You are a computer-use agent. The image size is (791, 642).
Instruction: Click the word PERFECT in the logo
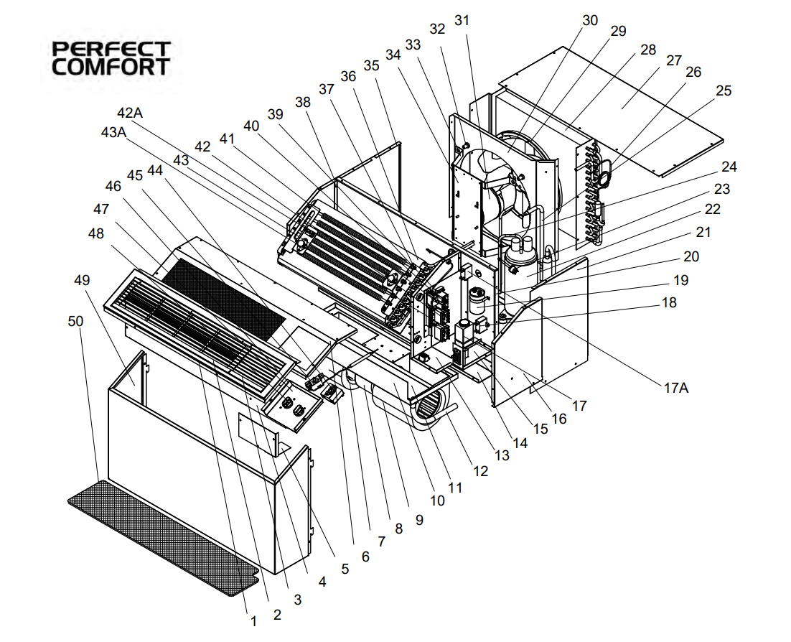pyautogui.click(x=111, y=49)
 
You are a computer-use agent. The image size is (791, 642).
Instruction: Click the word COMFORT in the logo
pyautogui.click(x=111, y=67)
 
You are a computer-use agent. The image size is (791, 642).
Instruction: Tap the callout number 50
pyautogui.click(x=75, y=321)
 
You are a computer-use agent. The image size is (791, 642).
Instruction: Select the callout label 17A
pyautogui.click(x=676, y=388)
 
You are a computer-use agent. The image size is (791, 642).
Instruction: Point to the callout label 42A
pyautogui.click(x=130, y=113)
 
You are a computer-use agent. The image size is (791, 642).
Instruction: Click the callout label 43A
pyautogui.click(x=113, y=132)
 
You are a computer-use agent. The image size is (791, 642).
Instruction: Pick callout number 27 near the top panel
pyautogui.click(x=674, y=60)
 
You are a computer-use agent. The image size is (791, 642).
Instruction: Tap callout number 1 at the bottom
pyautogui.click(x=254, y=621)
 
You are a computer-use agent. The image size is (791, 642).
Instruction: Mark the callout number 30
pyautogui.click(x=590, y=20)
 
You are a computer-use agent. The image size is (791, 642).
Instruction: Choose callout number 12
pyautogui.click(x=481, y=471)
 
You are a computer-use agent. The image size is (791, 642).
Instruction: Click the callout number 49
pyautogui.click(x=82, y=280)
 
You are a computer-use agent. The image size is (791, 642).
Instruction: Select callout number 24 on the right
pyautogui.click(x=729, y=167)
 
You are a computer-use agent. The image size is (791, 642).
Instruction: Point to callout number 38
pyautogui.click(x=303, y=103)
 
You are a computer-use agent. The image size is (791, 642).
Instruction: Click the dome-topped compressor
pyautogui.click(x=521, y=251)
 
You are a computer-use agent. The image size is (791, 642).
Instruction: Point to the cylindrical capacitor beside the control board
pyautogui.click(x=476, y=302)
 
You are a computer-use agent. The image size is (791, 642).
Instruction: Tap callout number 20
pyautogui.click(x=691, y=256)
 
